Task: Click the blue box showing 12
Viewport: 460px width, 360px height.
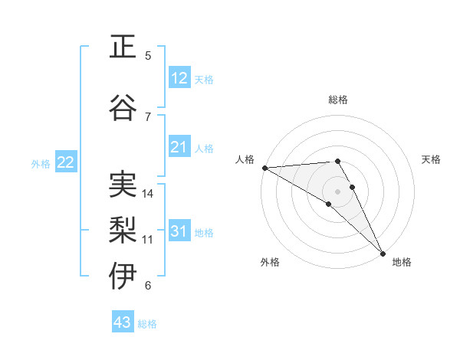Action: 179,78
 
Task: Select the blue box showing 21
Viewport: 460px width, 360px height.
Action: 179,147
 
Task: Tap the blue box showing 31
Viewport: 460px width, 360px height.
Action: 179,231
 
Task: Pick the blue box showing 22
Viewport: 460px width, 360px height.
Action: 66,162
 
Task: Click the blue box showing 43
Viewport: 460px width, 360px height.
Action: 123,322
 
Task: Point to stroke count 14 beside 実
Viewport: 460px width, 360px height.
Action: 148,194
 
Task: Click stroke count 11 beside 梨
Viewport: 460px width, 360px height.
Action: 148,240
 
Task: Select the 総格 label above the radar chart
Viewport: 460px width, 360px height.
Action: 338,100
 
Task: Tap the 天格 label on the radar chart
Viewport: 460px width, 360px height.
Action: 432,159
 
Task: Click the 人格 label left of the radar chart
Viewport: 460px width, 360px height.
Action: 245,159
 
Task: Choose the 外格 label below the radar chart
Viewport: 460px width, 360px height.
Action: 270,262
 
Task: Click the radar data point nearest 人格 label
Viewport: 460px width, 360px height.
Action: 264,168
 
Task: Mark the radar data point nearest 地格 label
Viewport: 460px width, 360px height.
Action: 383,252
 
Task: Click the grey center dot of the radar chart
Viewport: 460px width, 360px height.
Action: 337,190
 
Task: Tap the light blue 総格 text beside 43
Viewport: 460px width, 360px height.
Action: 147,324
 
